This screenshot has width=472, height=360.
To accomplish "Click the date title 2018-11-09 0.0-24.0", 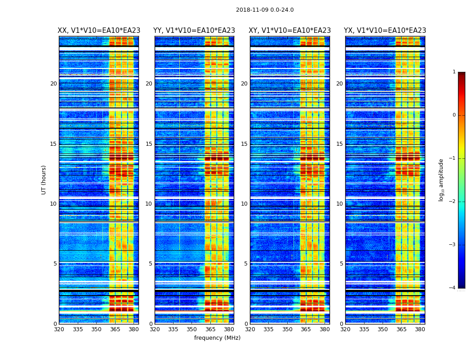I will (265, 10).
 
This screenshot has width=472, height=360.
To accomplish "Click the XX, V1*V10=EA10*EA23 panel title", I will (99, 31).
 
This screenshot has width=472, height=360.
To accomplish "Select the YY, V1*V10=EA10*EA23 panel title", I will (194, 31).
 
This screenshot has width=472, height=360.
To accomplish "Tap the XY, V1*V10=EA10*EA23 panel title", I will (290, 31).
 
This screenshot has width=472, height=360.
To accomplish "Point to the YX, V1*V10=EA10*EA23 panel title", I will (385, 31).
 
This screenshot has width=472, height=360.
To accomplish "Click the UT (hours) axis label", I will (44, 180).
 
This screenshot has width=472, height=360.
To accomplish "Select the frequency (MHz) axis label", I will (217, 338).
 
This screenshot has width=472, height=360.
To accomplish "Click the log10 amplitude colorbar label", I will (441, 180).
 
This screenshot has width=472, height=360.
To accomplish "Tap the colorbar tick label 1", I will (454, 72).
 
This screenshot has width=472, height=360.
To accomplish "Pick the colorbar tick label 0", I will (454, 115).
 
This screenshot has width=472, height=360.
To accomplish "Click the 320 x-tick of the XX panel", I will (59, 329).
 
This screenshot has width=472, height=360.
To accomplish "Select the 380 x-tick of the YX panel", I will (420, 329).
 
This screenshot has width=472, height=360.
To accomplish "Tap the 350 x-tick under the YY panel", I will (192, 329).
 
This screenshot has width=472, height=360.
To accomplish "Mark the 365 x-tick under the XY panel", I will (306, 329).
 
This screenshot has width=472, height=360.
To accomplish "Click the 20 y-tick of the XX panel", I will (53, 84).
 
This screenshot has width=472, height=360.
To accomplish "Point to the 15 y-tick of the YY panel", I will (149, 144).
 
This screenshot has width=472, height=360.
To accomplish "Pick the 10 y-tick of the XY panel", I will (244, 204).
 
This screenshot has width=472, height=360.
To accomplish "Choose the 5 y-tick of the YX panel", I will (341, 264).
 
